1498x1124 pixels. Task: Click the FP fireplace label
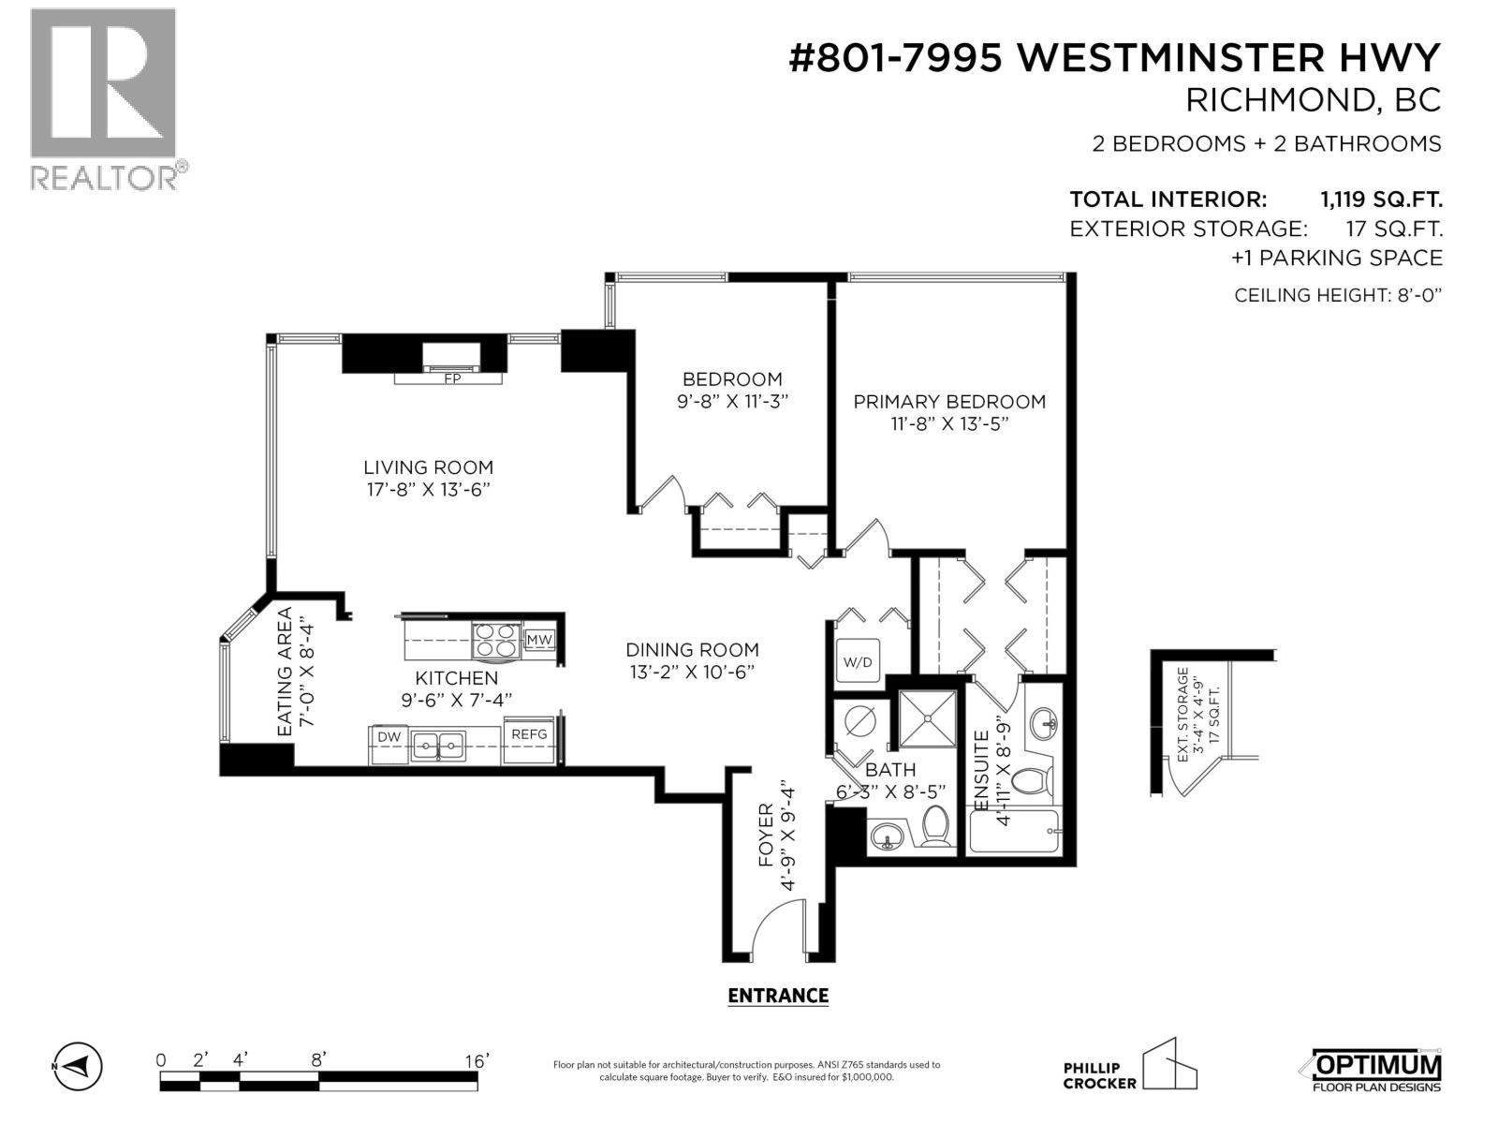tap(452, 379)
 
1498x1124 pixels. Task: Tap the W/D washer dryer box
tap(858, 662)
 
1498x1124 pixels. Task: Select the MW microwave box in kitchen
tap(539, 640)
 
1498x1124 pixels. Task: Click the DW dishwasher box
tap(389, 737)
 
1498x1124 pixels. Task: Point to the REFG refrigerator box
tap(529, 735)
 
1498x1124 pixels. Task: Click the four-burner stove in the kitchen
tap(495, 640)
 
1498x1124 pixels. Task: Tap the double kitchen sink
tap(438, 747)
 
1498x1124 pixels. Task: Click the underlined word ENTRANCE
tap(778, 996)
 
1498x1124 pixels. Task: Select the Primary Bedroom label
tap(949, 402)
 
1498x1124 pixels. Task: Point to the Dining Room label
tap(692, 649)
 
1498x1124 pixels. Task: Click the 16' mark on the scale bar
tap(477, 1061)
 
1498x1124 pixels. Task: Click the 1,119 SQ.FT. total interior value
tap(1380, 200)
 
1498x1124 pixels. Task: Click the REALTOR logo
tap(104, 98)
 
